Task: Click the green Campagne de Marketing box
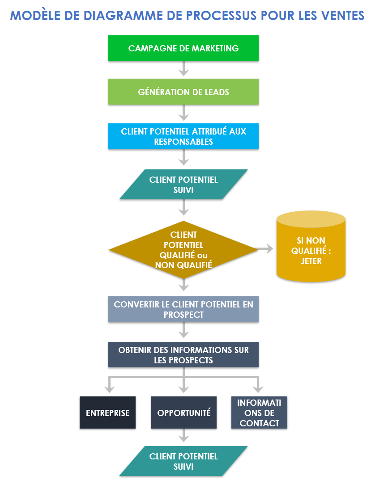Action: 183,48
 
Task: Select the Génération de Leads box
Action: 183,92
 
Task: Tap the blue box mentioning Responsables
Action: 183,136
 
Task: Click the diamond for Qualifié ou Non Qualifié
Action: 183,250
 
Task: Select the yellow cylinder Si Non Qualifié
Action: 311,250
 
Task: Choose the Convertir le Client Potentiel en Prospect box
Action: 183,309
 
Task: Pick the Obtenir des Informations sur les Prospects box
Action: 183,355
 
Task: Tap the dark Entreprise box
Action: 107,412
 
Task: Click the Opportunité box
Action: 183,412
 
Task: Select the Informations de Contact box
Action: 259,412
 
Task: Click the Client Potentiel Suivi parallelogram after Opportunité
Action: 183,461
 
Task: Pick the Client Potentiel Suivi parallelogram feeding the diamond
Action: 183,185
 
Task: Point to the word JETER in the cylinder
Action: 311,261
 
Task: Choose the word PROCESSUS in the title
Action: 221,16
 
